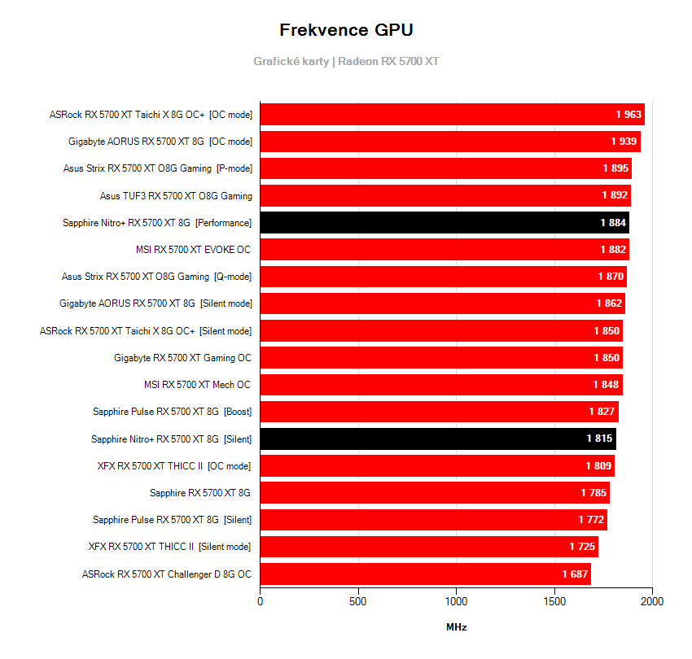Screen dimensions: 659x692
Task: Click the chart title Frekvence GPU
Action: click(x=346, y=30)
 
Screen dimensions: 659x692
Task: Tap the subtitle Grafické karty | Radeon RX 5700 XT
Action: click(x=346, y=61)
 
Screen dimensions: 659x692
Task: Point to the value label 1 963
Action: click(x=628, y=115)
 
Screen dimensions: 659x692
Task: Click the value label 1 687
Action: click(x=575, y=574)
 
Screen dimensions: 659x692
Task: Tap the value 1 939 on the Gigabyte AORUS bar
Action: click(x=624, y=142)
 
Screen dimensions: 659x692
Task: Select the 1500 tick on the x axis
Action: click(x=554, y=602)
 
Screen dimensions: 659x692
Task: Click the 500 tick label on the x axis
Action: click(x=358, y=602)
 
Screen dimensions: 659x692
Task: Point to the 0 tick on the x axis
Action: click(x=261, y=602)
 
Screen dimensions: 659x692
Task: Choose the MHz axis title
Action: click(x=457, y=627)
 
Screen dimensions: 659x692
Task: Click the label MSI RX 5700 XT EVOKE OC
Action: click(x=194, y=250)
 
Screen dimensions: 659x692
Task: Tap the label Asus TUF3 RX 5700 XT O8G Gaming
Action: click(x=176, y=196)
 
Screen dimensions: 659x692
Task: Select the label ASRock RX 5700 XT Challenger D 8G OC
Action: click(x=167, y=574)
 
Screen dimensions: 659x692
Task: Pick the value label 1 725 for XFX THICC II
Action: click(x=582, y=547)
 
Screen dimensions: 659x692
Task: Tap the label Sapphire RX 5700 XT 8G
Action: click(x=200, y=493)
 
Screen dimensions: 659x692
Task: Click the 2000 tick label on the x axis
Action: click(x=652, y=602)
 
